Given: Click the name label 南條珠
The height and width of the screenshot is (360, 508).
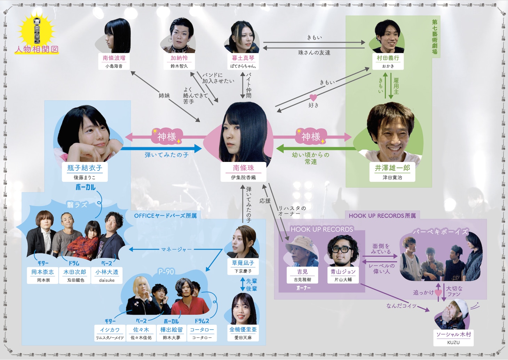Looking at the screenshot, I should click(244, 168).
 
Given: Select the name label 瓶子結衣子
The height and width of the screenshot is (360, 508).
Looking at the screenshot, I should click(85, 168).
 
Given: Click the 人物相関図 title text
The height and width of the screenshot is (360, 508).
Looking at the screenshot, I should click(37, 49).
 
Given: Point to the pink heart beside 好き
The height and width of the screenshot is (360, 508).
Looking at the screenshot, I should click(313, 97).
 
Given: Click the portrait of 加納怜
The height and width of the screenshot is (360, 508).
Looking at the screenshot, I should click(180, 35).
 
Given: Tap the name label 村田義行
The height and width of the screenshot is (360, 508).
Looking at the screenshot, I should click(388, 58).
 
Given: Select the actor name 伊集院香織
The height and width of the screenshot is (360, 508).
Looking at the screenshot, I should click(244, 178).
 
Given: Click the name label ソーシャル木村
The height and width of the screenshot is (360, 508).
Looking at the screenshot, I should click(453, 334).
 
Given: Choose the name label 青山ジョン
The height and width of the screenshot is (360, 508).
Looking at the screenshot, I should click(343, 272).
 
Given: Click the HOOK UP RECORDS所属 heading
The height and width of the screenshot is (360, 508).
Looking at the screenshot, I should click(382, 216).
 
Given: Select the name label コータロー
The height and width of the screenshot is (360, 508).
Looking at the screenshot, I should click(202, 329).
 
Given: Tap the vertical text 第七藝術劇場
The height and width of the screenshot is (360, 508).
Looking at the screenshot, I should click(435, 37).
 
